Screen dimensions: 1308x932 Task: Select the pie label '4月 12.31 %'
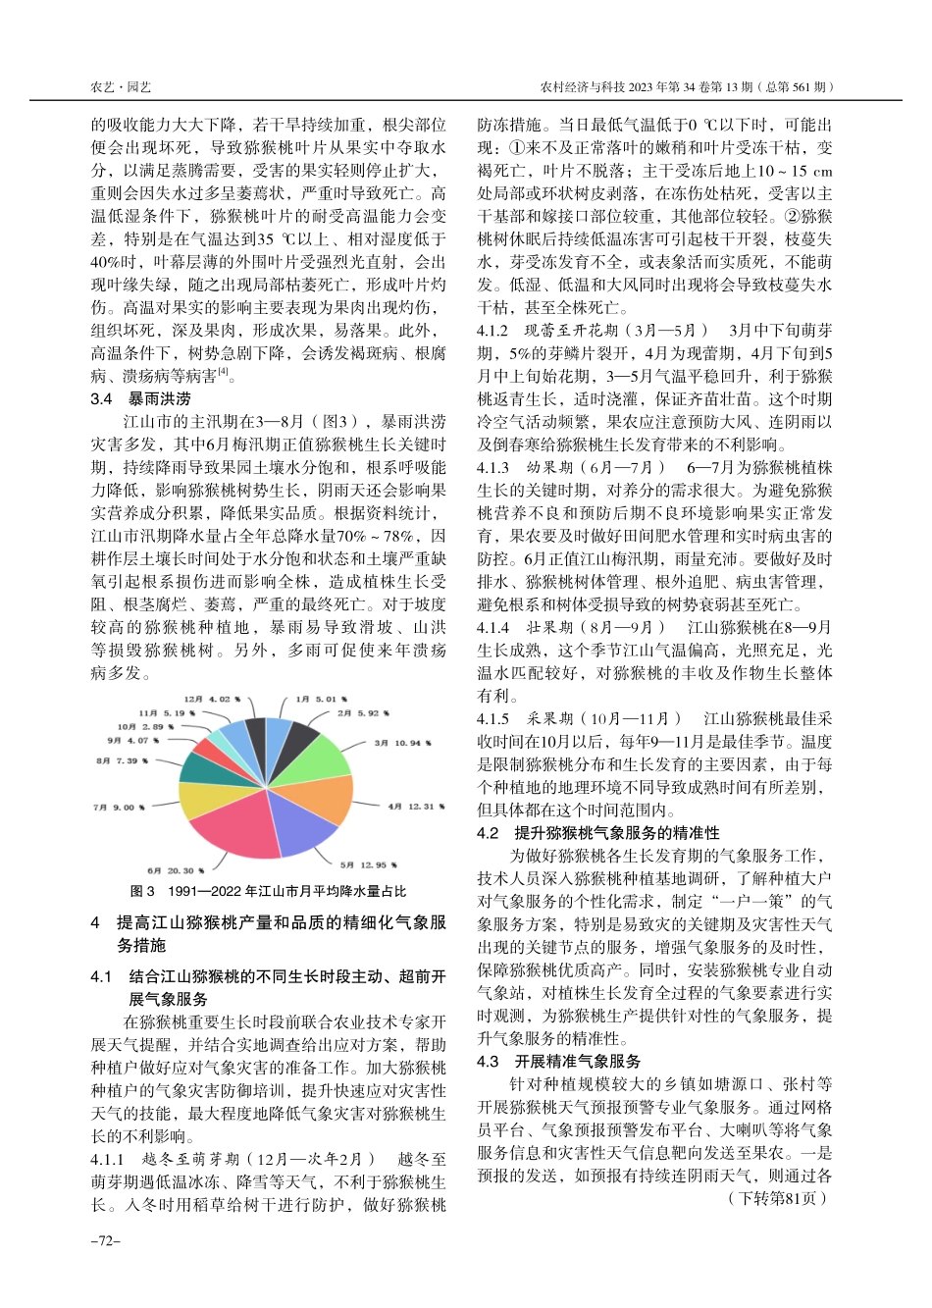click(x=415, y=807)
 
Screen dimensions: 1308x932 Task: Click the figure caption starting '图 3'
click(x=268, y=892)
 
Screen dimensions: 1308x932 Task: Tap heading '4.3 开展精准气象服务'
click(x=558, y=1062)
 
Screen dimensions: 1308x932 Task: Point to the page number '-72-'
click(x=105, y=1241)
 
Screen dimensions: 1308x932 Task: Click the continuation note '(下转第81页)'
click(x=778, y=1198)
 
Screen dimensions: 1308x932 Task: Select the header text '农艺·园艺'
click(x=121, y=87)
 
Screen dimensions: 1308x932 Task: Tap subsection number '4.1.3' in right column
click(x=493, y=467)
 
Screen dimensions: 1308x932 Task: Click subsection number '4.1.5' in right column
click(x=493, y=719)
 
